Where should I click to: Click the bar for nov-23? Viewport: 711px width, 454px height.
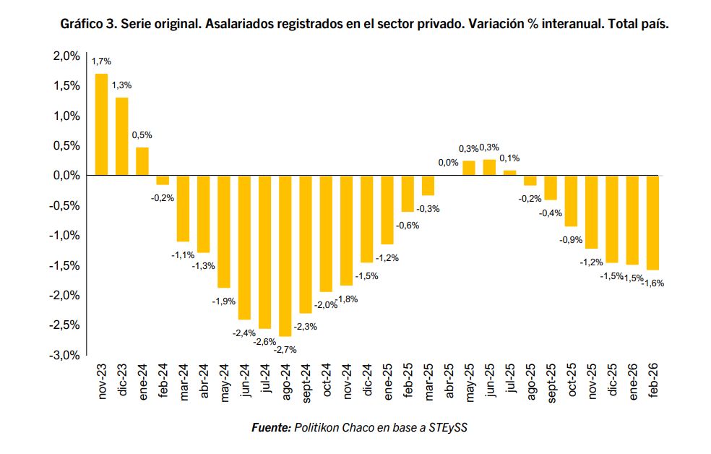(101, 124)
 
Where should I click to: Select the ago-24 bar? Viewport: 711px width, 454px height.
(285, 256)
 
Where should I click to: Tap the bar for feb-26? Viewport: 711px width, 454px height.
(652, 223)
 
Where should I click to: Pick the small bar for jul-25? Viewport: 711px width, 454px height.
(509, 173)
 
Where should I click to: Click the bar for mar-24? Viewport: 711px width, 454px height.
(183, 209)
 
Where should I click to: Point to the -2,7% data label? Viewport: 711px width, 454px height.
(285, 350)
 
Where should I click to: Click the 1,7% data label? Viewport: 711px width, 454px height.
(101, 61)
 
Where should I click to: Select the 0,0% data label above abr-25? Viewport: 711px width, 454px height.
(448, 163)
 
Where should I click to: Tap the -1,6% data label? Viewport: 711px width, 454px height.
(653, 283)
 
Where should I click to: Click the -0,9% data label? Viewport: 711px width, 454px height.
(571, 240)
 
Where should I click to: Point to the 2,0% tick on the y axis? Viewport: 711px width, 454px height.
(66, 56)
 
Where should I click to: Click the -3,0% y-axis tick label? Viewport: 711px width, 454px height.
(64, 355)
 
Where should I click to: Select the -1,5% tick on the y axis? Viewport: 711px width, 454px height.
(64, 265)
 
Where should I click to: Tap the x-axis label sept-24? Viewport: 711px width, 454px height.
(306, 383)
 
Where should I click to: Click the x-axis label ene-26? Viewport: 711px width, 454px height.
(632, 382)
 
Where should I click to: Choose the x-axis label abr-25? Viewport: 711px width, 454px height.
(449, 381)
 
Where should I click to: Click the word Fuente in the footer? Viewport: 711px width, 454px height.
(271, 427)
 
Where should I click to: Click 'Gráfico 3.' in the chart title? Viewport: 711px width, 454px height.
(88, 24)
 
